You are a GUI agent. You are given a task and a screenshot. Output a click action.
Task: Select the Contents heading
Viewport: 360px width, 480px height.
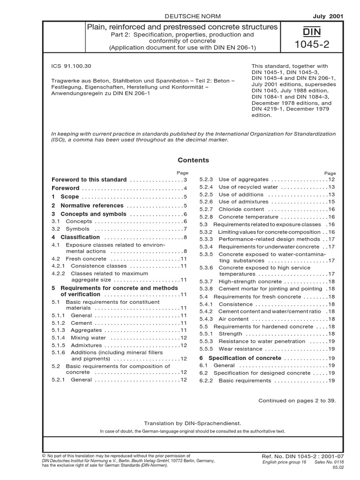[194, 160]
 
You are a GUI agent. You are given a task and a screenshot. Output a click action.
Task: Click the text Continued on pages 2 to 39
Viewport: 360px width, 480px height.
[297, 401]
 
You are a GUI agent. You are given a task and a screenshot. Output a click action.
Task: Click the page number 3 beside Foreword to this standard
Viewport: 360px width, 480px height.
[185, 180]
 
